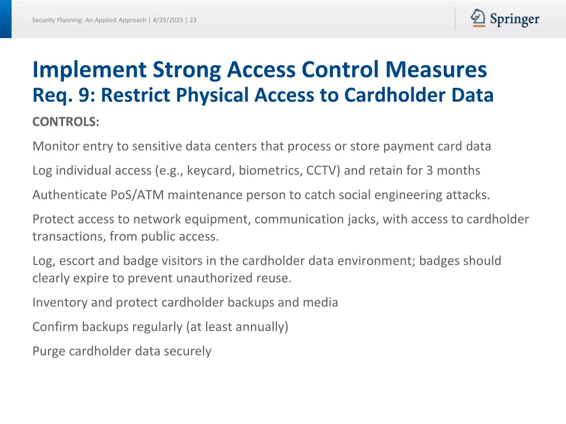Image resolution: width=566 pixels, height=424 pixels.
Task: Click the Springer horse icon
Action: point(478,18)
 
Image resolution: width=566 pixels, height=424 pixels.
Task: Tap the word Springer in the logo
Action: point(514,20)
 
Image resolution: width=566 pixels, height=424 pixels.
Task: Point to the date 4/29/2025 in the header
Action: point(167,20)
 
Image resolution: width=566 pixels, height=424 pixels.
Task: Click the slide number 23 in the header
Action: point(193,20)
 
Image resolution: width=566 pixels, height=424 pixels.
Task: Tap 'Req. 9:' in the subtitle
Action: point(64,96)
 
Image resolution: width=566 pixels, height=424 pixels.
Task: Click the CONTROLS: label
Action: point(66,122)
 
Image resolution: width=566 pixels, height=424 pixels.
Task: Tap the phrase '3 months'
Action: point(453,171)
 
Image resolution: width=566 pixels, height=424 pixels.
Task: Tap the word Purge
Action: point(49,351)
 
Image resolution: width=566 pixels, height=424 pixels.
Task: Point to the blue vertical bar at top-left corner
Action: point(6,19)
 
